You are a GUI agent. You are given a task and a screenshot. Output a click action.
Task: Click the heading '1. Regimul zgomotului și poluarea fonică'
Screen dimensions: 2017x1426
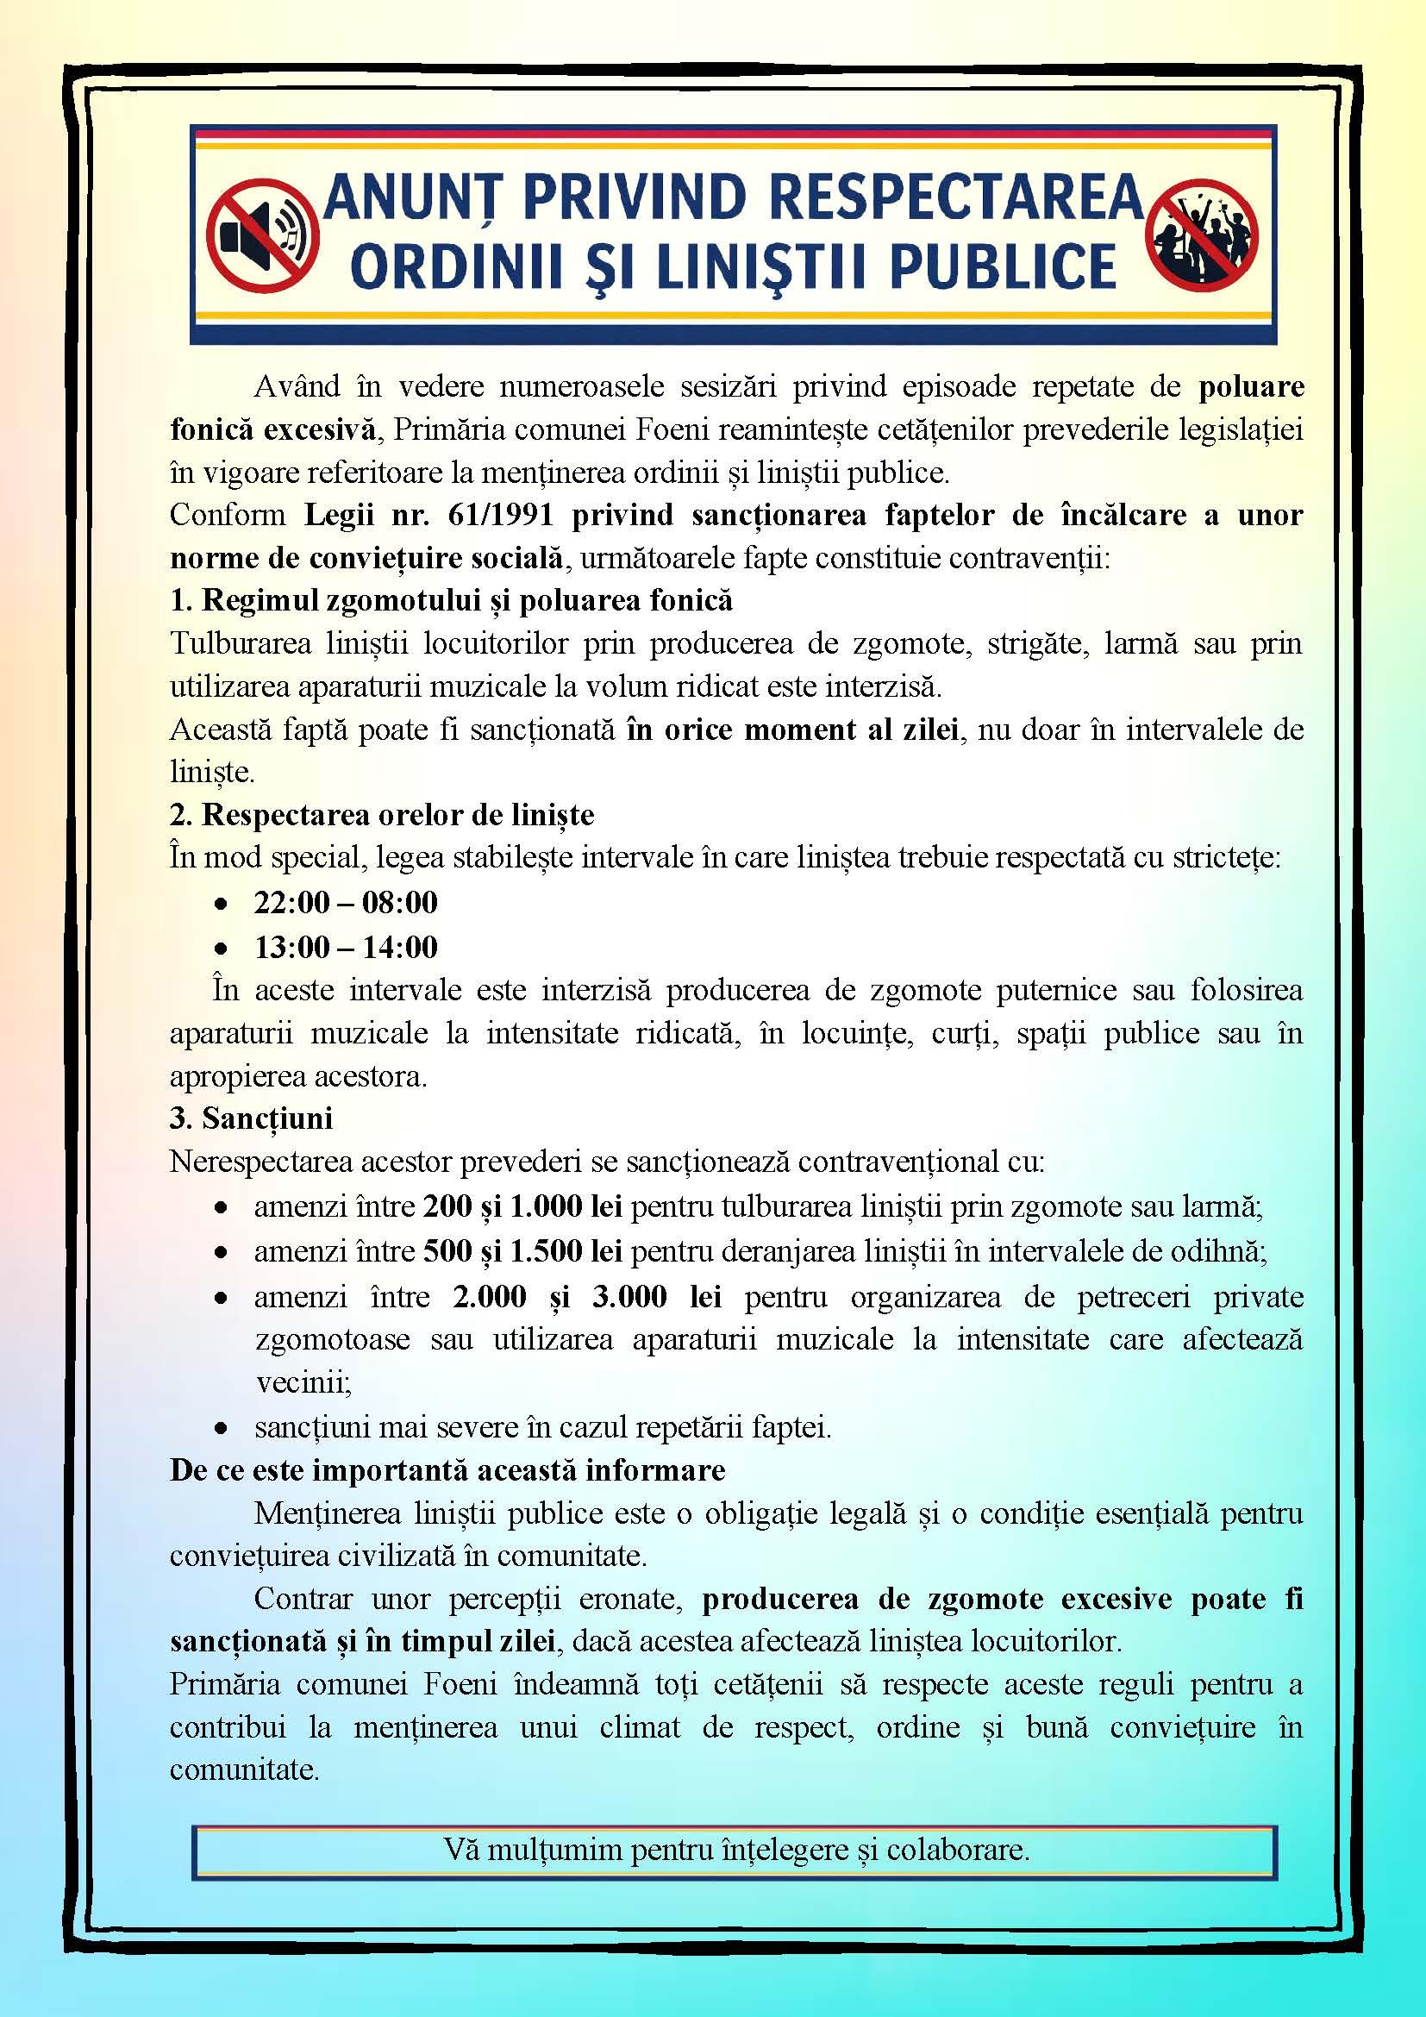(x=450, y=600)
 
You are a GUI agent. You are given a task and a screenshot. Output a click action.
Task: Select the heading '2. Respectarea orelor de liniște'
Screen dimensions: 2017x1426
(x=382, y=814)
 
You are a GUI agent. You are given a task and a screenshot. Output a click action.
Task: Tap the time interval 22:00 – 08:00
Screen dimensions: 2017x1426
(x=346, y=902)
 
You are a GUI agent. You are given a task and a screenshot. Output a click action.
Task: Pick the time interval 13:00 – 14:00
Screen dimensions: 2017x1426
(x=346, y=947)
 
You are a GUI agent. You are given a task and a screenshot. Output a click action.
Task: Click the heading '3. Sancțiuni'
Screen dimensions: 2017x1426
(x=251, y=1118)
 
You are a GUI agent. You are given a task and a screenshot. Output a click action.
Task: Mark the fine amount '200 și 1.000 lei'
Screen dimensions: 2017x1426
(x=522, y=1206)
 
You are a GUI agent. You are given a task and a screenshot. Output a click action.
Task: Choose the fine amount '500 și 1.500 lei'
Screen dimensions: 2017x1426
(x=522, y=1251)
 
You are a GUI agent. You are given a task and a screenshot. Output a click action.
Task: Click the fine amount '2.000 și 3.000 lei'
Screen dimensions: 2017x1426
(x=586, y=1297)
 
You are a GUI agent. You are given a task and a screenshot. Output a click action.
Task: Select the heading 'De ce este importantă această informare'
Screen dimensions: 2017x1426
(x=447, y=1470)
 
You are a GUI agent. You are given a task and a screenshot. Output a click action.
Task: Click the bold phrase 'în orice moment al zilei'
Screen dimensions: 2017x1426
(x=792, y=730)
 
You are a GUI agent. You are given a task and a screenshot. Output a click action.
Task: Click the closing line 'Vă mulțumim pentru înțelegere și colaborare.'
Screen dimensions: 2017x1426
(x=735, y=1849)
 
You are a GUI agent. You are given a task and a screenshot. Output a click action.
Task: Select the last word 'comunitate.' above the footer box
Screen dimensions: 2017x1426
(x=244, y=1770)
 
